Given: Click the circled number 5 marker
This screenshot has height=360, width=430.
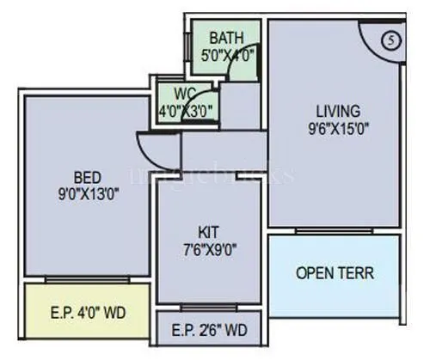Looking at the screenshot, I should pos(391,40).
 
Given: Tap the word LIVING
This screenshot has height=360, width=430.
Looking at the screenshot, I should pos(331,110).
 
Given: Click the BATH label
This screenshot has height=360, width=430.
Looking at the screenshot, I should pos(227,37).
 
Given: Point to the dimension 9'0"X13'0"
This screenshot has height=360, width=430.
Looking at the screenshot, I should pos(83,193).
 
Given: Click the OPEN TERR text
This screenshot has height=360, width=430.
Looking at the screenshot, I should pos(335,274).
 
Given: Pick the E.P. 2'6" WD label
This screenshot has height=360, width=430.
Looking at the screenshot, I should pos(211,329).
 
